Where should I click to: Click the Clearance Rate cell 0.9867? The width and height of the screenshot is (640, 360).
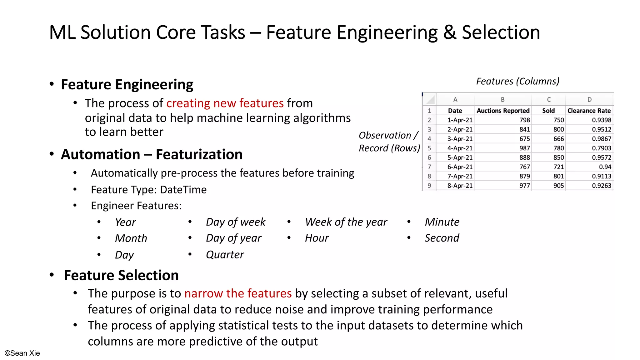(601, 139)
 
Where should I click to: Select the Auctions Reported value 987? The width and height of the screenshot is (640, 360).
(524, 148)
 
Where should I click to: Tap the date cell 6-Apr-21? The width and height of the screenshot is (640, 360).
(460, 167)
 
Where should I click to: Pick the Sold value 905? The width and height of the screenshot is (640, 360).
(558, 186)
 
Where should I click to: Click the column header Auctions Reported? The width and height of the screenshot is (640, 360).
(503, 111)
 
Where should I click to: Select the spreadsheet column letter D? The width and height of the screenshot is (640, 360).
(589, 100)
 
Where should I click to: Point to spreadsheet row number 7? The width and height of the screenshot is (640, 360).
(429, 167)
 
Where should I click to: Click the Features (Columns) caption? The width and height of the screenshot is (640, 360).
(517, 81)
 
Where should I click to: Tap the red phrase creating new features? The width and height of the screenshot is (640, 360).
(225, 103)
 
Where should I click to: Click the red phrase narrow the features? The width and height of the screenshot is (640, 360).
(238, 293)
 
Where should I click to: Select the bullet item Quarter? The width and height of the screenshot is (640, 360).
(225, 255)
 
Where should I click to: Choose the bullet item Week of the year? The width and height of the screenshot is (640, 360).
(346, 222)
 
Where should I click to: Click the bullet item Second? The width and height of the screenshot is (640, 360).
(442, 238)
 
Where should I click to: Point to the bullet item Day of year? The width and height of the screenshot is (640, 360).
(233, 238)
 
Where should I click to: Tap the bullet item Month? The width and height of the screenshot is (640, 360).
(131, 238)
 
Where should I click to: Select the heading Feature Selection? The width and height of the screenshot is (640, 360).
(121, 275)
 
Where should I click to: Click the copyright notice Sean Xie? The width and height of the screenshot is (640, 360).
(22, 353)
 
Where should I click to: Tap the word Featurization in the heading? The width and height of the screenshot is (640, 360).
(199, 154)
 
